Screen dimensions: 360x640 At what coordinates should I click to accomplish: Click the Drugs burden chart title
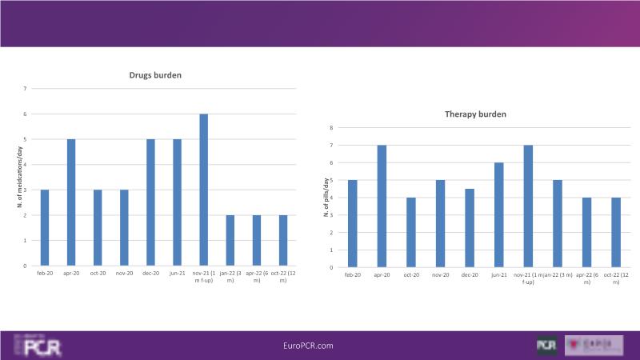coord(155,75)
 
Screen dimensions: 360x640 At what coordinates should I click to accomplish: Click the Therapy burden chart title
coord(475,114)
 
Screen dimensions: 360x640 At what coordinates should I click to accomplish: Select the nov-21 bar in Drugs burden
coord(203,190)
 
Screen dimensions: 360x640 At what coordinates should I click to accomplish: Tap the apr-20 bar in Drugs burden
coord(71,202)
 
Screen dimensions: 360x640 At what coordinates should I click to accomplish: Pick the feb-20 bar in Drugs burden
coord(45,228)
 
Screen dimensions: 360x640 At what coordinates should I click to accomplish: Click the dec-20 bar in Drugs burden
coord(150,202)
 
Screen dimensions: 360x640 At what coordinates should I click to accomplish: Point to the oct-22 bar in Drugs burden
coord(282,241)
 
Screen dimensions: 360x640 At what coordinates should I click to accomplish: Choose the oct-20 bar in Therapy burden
coord(410,233)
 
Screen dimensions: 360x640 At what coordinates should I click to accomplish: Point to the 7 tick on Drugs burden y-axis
coord(25,89)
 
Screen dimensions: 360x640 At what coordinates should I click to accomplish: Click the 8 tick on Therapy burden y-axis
coord(331,128)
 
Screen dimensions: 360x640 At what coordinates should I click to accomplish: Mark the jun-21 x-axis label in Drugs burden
coord(177,273)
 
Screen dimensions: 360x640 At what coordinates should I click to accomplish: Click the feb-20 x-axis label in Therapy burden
coord(352,275)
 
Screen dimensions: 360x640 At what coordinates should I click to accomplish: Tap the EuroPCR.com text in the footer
coord(308,345)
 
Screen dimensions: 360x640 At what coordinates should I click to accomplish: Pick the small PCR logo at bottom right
coord(547,345)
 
